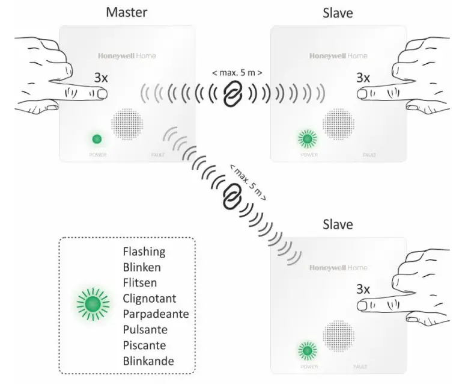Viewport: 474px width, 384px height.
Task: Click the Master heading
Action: (126, 11)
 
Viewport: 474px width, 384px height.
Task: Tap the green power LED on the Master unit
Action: (96, 139)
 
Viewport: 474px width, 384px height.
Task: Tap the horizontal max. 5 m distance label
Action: (237, 72)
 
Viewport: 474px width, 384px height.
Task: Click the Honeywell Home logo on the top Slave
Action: (338, 56)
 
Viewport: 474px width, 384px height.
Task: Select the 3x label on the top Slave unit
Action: (363, 78)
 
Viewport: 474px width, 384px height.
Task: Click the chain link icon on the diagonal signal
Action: (230, 196)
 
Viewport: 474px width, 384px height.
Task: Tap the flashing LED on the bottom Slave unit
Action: (308, 350)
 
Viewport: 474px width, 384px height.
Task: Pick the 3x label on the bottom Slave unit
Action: (363, 288)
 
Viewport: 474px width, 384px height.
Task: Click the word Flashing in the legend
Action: (144, 251)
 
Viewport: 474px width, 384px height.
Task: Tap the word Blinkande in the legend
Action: (148, 361)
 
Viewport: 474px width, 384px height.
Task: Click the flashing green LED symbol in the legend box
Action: (92, 304)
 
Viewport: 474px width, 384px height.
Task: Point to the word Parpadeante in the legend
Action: (156, 314)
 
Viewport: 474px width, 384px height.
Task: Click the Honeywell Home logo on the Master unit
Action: (127, 56)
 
